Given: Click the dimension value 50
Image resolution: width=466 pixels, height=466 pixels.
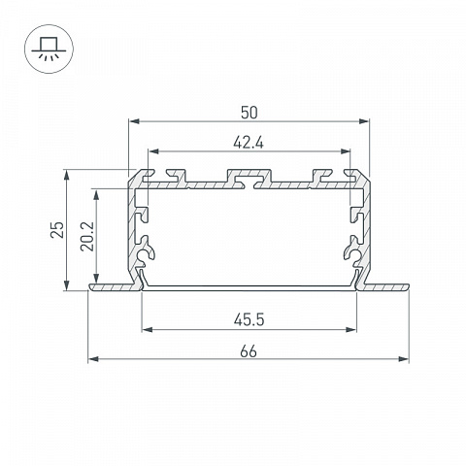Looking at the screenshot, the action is (250, 113).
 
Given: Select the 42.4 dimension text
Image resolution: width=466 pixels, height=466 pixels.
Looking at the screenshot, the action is (249, 143).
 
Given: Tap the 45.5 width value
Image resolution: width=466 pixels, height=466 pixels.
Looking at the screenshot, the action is (249, 320).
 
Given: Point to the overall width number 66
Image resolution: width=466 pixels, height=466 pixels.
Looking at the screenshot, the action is (249, 351).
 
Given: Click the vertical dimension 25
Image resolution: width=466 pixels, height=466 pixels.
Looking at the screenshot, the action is (57, 229).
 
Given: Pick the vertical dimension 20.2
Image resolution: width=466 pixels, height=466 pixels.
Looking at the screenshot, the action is (87, 236).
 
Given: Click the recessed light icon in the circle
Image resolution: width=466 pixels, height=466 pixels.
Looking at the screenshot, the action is (49, 49).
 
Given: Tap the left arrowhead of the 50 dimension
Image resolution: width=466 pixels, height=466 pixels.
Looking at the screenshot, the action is (134, 121).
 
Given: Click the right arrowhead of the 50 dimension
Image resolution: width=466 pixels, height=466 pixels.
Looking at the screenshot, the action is (364, 121).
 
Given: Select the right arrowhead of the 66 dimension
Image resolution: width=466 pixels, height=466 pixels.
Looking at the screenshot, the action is (404, 359).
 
